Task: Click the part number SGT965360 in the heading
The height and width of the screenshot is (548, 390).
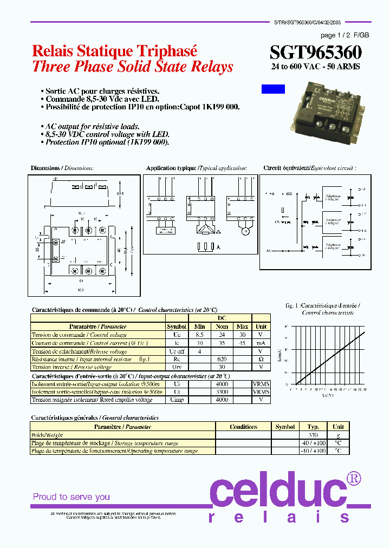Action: tap(316, 52)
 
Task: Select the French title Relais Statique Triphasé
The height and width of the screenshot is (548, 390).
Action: tap(114, 51)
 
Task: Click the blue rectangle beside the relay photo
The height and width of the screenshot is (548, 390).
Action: tap(273, 89)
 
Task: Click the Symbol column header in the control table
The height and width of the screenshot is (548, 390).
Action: tap(177, 327)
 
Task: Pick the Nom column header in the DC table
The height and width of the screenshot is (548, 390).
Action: tap(221, 327)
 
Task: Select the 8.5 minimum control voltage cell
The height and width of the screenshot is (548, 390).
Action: tap(200, 335)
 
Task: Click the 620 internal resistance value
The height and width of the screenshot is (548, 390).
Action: tap(221, 359)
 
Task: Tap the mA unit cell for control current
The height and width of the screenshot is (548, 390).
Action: tap(261, 343)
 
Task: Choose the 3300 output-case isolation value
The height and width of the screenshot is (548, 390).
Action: tap(221, 392)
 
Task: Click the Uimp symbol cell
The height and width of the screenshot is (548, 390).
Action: tap(177, 400)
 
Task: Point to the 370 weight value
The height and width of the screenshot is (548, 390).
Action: tap(313, 435)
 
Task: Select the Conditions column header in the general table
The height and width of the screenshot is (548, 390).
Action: tap(243, 427)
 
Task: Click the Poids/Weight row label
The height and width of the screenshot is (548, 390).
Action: tap(47, 435)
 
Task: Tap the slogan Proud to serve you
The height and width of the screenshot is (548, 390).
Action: tap(71, 497)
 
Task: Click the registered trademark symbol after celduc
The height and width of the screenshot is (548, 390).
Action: tap(353, 478)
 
